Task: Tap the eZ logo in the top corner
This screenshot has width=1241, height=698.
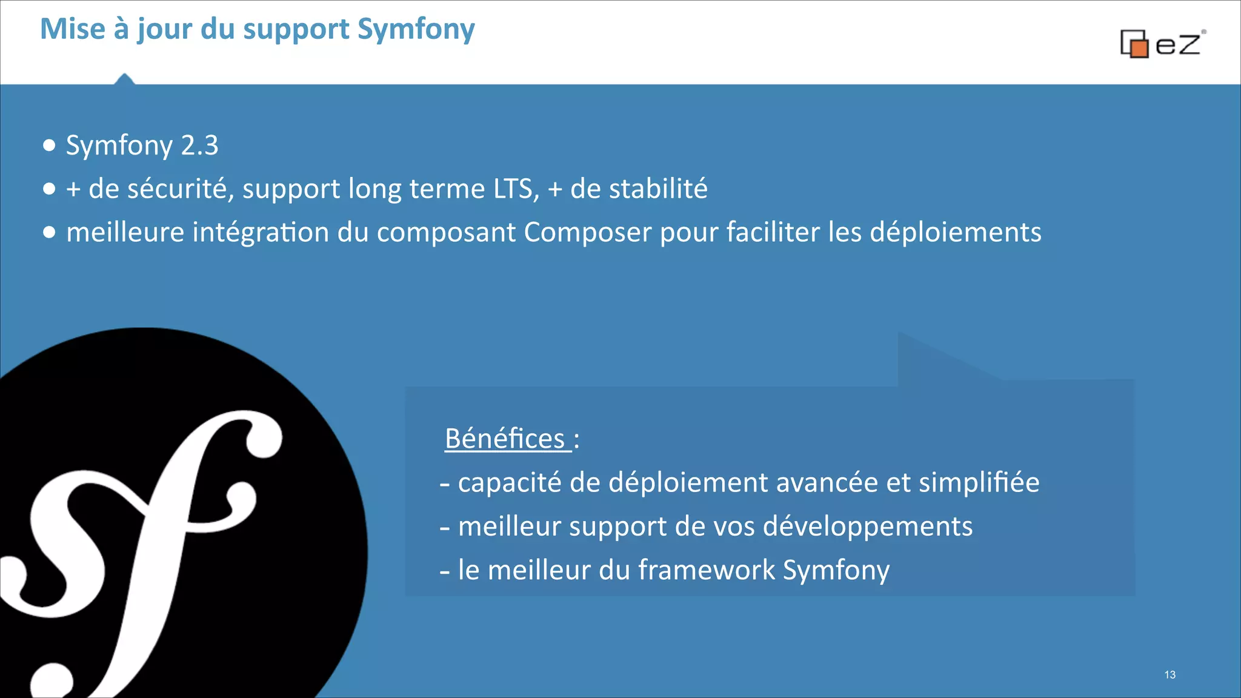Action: point(1162,44)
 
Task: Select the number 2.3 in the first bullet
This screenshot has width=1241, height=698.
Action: point(199,145)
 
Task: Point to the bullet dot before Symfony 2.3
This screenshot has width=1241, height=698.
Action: point(50,145)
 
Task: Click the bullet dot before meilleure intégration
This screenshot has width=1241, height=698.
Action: point(50,232)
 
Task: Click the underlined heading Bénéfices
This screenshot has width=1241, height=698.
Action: point(505,438)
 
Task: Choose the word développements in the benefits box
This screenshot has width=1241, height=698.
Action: point(868,526)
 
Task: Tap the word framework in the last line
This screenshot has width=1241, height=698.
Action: point(707,570)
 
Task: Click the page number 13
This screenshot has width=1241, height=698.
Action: point(1169,674)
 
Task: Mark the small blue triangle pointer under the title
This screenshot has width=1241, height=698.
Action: point(124,79)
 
